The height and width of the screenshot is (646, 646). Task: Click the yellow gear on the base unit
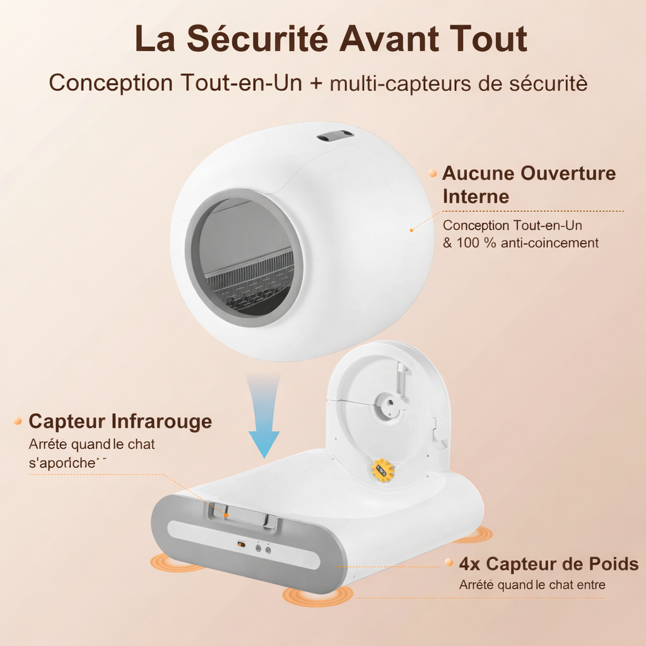point(382,470)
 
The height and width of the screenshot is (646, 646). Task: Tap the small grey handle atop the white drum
point(335,136)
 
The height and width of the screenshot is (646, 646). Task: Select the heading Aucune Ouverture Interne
point(529,184)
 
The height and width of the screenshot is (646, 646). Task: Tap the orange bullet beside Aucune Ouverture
point(432,172)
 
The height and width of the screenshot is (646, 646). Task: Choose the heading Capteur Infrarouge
point(120,421)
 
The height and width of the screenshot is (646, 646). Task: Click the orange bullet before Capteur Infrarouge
point(18,421)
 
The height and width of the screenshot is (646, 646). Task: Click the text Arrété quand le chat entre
point(532,585)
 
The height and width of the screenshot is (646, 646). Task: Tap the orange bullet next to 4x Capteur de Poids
point(449,562)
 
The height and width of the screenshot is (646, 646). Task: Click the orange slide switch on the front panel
point(240,544)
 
